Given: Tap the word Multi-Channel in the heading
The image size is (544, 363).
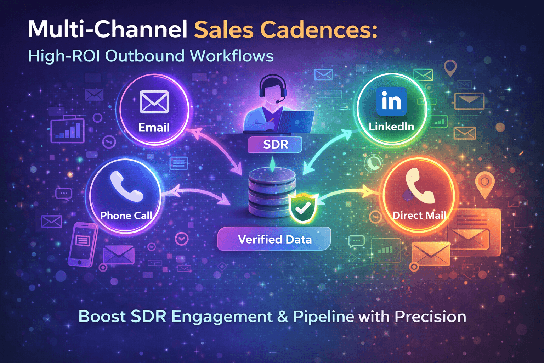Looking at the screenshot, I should (x=108, y=29).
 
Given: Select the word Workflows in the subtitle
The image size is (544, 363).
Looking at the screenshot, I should (x=232, y=56).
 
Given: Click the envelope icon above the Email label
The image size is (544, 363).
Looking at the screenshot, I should (x=154, y=102).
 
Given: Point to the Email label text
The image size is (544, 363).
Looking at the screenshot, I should (x=154, y=127).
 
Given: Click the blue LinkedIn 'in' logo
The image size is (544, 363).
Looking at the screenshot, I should (x=391, y=101).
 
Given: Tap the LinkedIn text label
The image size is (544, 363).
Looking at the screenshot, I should (x=391, y=127).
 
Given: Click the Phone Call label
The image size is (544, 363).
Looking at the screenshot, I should (x=126, y=216).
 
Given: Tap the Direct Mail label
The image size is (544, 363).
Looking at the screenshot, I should (x=419, y=216).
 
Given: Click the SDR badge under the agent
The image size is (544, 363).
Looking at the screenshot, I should (x=275, y=145).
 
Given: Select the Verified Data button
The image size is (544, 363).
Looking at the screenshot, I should (x=274, y=239).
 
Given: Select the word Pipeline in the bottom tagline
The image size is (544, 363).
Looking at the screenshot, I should (x=323, y=317).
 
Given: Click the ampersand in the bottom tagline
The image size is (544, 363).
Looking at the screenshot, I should (x=283, y=317).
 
